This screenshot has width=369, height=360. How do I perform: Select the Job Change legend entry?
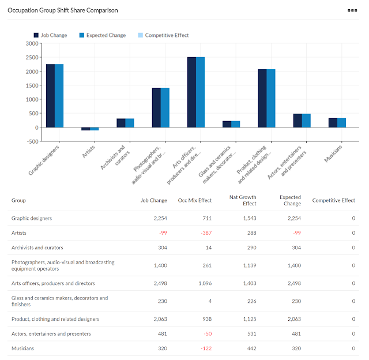(x=51, y=35)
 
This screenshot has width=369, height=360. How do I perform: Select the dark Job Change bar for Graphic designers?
(x=51, y=96)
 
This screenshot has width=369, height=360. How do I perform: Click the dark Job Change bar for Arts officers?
(x=191, y=92)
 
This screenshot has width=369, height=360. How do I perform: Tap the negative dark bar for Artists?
(x=85, y=129)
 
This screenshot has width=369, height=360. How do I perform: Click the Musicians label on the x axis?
(x=332, y=153)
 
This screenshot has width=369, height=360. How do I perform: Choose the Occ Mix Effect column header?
(x=195, y=201)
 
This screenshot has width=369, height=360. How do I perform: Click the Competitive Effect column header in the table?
(x=333, y=201)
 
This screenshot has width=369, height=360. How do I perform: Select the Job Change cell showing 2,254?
(x=160, y=219)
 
